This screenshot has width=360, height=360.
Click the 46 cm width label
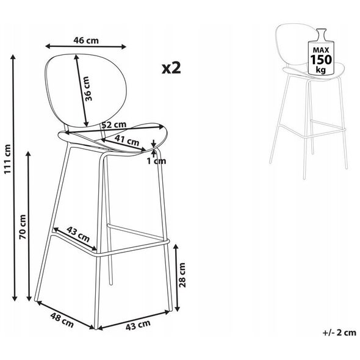pos(86,40)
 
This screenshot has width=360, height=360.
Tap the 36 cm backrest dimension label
pos(88,88)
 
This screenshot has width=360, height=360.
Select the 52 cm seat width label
pos(114,124)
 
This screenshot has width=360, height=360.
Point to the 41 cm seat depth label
pos(127,140)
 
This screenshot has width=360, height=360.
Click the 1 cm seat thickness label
pos(156,161)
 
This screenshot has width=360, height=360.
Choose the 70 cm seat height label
pos(23,227)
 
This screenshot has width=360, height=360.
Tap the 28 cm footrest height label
pos(182,275)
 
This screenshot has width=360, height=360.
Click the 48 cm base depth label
pos(62,320)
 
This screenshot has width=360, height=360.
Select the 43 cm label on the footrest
pos(78,234)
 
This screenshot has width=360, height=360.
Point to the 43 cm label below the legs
pos(138,325)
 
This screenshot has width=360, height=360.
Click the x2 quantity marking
pos(171,68)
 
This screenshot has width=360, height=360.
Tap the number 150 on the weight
pos(321,59)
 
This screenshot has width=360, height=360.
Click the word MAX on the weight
pos(321,50)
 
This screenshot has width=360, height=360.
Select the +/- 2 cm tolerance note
pos(339,333)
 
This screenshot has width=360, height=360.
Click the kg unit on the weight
pos(321,69)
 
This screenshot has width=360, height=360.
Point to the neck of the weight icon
pos(321,35)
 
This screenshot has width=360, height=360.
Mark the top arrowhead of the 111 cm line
pos(13,57)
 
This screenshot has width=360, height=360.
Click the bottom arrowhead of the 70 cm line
pos(29,298)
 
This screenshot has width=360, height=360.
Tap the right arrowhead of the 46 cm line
pos(123,47)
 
